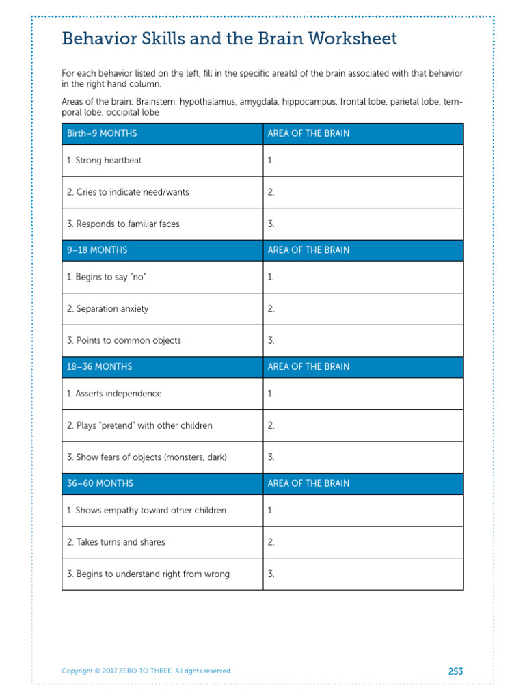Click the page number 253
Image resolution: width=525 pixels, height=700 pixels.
point(455,671)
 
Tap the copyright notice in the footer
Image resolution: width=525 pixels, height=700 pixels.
point(146,671)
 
